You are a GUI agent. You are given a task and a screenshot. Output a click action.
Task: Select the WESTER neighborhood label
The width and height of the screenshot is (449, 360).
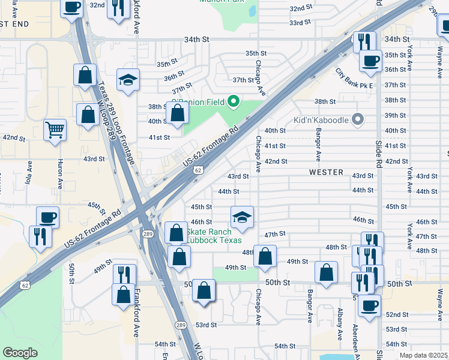point(326,172)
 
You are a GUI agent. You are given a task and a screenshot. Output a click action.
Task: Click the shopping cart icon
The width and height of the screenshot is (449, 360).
point(55,129)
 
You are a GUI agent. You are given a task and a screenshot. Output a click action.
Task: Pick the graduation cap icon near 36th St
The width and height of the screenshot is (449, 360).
point(128,80)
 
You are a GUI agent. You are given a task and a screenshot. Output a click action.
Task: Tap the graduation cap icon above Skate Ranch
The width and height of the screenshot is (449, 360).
point(242,217)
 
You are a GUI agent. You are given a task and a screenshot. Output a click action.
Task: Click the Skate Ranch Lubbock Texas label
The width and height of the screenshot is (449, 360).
point(214,236)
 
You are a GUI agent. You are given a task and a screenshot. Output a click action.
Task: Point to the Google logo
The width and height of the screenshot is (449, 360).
point(20,352)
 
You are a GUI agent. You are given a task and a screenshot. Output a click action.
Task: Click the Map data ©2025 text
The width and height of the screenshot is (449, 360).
point(423,355)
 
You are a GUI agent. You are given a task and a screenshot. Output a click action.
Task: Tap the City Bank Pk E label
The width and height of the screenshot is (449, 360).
point(354,79)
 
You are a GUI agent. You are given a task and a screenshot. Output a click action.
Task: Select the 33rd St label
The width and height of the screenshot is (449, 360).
point(299,22)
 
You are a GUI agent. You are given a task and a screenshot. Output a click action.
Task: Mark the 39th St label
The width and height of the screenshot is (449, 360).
point(395,115)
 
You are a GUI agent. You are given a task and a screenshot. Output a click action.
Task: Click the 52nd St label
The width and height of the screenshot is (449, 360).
point(396,314)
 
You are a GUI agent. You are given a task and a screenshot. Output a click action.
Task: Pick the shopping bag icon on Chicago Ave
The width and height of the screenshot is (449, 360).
point(265,256)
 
